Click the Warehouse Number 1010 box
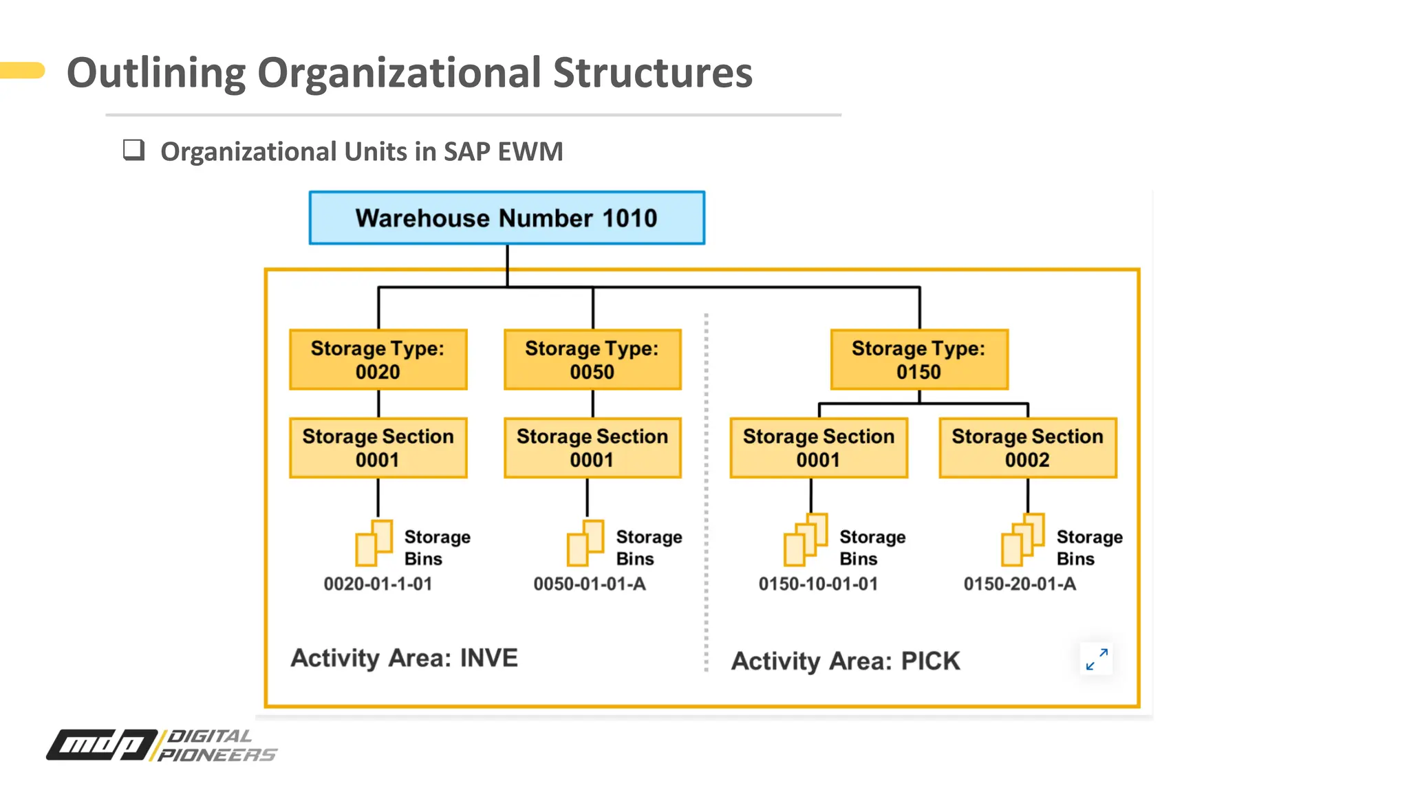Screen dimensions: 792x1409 click(x=506, y=218)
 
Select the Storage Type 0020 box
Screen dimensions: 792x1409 click(x=378, y=360)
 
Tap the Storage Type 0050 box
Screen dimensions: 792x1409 click(x=592, y=360)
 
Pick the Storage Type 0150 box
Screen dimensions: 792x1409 click(x=918, y=360)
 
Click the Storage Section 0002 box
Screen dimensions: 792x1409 click(x=1027, y=448)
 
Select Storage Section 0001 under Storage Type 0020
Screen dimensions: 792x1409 click(x=378, y=448)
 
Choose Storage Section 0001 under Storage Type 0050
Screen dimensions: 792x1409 click(x=592, y=448)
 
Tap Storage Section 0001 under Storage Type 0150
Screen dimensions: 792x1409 click(x=818, y=448)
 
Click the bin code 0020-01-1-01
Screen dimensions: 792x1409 click(x=378, y=584)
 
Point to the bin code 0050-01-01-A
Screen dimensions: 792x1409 click(x=590, y=584)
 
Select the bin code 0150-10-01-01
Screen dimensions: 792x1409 click(x=818, y=584)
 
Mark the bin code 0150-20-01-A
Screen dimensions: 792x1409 click(x=1019, y=584)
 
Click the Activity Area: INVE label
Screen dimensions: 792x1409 click(x=404, y=658)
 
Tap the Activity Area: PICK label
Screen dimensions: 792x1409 click(x=845, y=661)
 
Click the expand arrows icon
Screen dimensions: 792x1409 click(x=1097, y=659)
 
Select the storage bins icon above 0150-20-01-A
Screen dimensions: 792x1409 click(x=1022, y=540)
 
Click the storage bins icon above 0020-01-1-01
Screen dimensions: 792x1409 click(x=374, y=542)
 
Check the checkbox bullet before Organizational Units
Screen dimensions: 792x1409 click(x=133, y=150)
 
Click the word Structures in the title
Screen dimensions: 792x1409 click(x=652, y=73)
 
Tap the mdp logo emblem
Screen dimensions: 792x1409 click(x=102, y=745)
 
